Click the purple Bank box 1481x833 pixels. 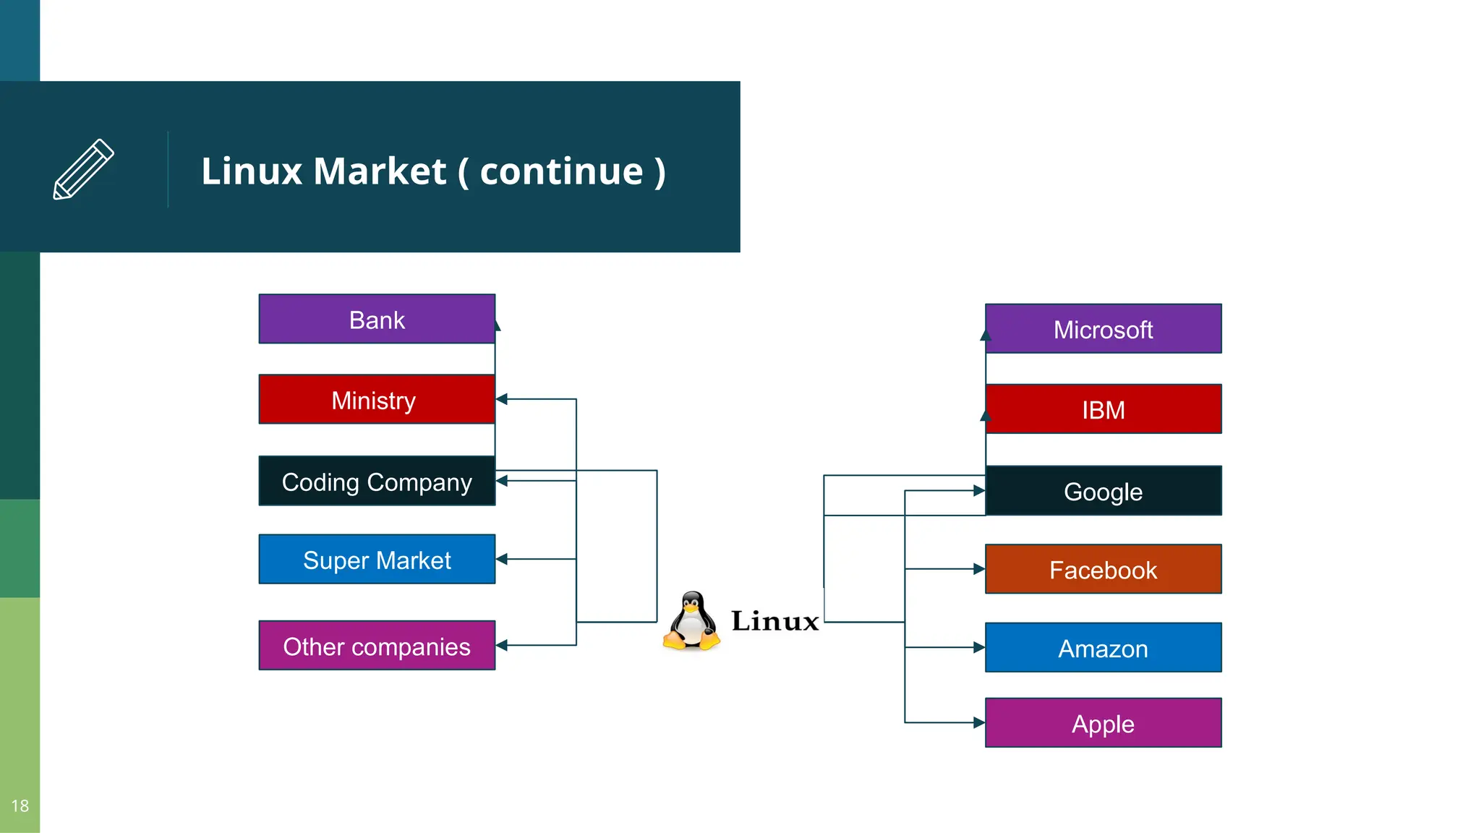tap(377, 319)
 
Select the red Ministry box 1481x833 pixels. tap(377, 399)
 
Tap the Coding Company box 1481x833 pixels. tap(377, 481)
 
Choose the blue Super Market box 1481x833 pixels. tap(377, 559)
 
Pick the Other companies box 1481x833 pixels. tap(377, 645)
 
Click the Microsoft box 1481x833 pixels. tap(1103, 329)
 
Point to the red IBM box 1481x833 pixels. tap(1103, 409)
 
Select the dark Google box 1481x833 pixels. tap(1103, 491)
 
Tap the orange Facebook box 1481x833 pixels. tap(1103, 569)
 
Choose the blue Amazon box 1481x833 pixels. tap(1103, 648)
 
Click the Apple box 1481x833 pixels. tap(1103, 723)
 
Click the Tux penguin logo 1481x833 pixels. tap(692, 620)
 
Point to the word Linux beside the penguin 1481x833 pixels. tap(774, 621)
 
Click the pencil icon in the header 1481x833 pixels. tap(83, 169)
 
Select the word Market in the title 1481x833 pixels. tap(380, 171)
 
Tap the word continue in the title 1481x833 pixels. tap(561, 171)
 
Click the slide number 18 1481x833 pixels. tap(20, 806)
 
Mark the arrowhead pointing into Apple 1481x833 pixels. tap(979, 722)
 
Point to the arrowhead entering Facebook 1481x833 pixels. tap(979, 569)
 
